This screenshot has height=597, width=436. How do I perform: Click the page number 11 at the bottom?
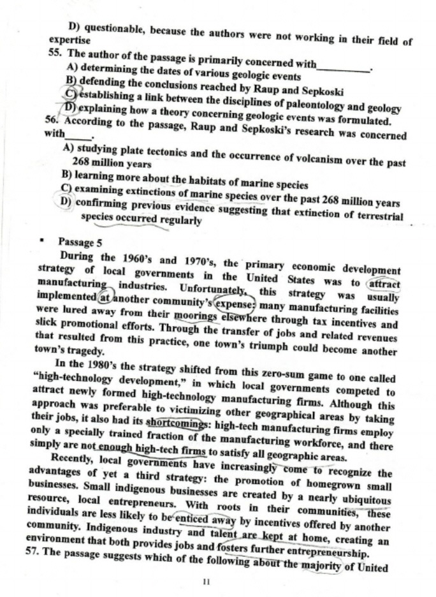click(x=205, y=582)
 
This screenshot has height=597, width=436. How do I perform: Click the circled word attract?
click(x=384, y=283)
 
